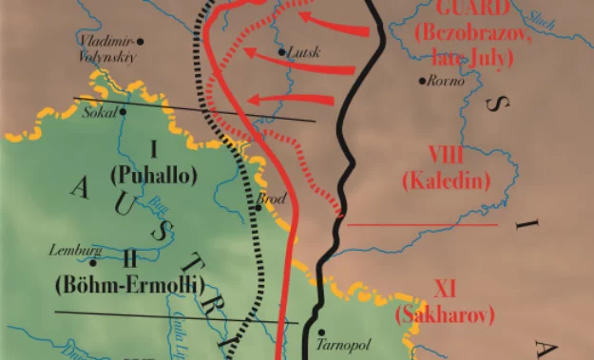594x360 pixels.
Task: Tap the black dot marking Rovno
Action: [x=424, y=80]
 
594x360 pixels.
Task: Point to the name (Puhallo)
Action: [x=152, y=175]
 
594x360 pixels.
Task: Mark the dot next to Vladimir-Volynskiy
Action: [x=141, y=42]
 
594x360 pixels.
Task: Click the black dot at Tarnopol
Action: [x=320, y=332]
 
